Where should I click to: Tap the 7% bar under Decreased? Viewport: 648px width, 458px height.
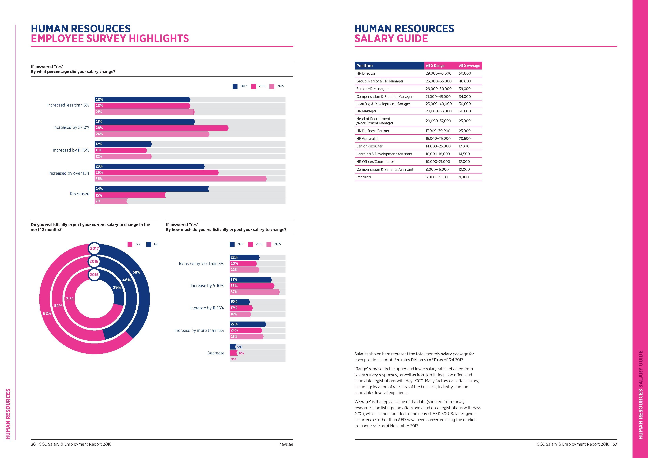(x=111, y=201)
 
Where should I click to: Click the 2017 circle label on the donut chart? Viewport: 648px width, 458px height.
(x=94, y=248)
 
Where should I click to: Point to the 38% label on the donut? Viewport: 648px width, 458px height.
(x=136, y=272)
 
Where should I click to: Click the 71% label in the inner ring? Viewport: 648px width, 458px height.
(x=69, y=299)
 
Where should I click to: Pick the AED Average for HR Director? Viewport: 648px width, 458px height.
(x=465, y=73)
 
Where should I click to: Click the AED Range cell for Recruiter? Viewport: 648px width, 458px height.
(x=437, y=177)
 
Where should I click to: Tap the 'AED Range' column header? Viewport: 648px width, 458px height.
(x=435, y=66)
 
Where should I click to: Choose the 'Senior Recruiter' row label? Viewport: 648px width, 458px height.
(x=369, y=146)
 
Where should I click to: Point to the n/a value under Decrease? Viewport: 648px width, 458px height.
(x=233, y=359)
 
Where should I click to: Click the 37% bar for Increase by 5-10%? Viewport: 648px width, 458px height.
(x=255, y=292)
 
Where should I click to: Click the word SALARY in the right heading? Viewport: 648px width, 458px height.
(x=373, y=39)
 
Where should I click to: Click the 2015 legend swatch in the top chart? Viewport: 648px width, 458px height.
(x=272, y=86)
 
